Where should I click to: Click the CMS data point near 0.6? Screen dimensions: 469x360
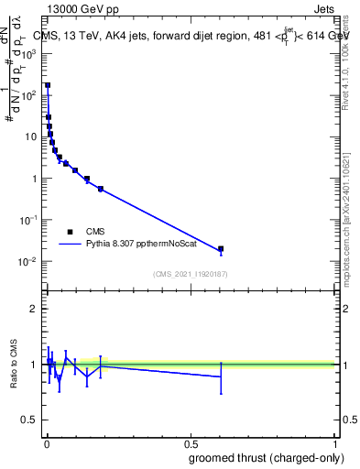coord(220,248)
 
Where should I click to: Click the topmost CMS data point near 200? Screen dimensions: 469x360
coord(48,85)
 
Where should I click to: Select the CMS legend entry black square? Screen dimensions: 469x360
coord(70,232)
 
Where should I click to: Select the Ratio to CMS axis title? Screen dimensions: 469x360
coord(16,365)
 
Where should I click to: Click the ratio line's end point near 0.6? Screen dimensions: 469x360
coord(220,376)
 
